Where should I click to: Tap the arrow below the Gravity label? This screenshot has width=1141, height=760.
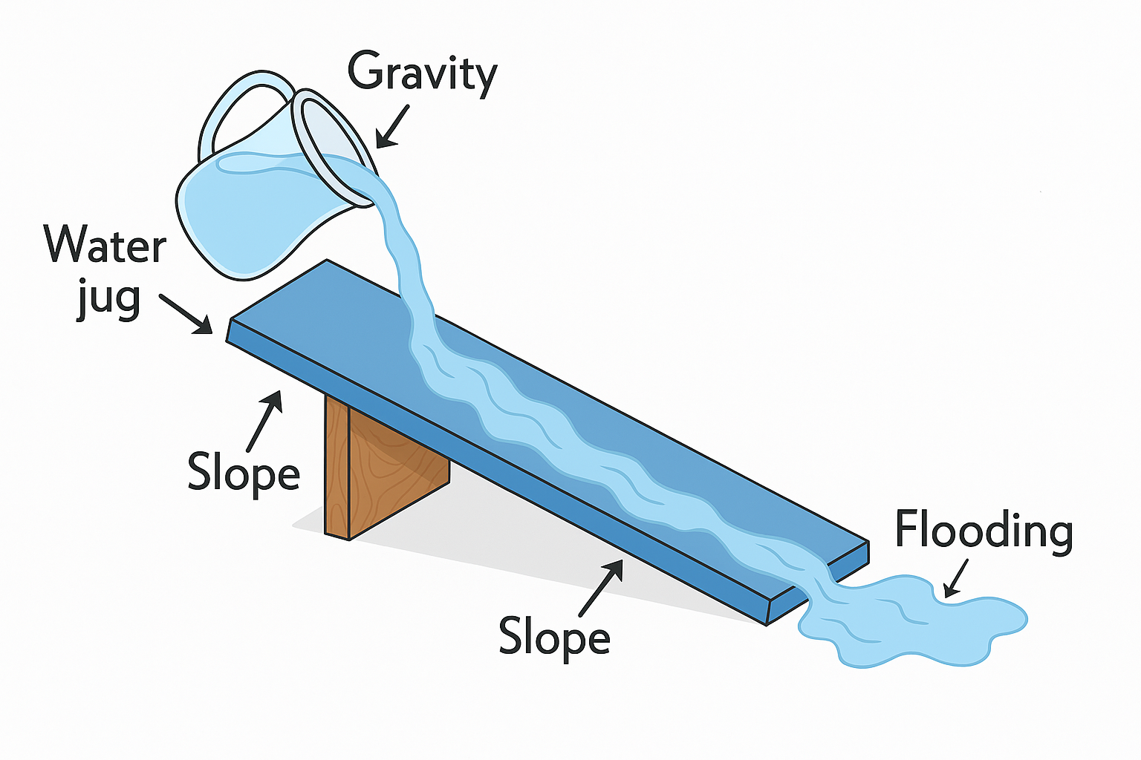click(393, 126)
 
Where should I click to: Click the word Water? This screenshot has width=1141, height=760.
click(105, 244)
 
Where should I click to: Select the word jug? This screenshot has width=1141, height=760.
click(108, 298)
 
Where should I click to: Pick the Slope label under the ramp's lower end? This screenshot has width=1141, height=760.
click(554, 636)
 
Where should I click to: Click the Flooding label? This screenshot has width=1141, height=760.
click(984, 530)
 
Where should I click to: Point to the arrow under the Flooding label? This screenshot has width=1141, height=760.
click(957, 577)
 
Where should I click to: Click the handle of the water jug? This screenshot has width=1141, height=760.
click(238, 111)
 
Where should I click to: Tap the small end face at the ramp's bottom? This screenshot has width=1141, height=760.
click(817, 586)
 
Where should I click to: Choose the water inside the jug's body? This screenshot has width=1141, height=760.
click(238, 215)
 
